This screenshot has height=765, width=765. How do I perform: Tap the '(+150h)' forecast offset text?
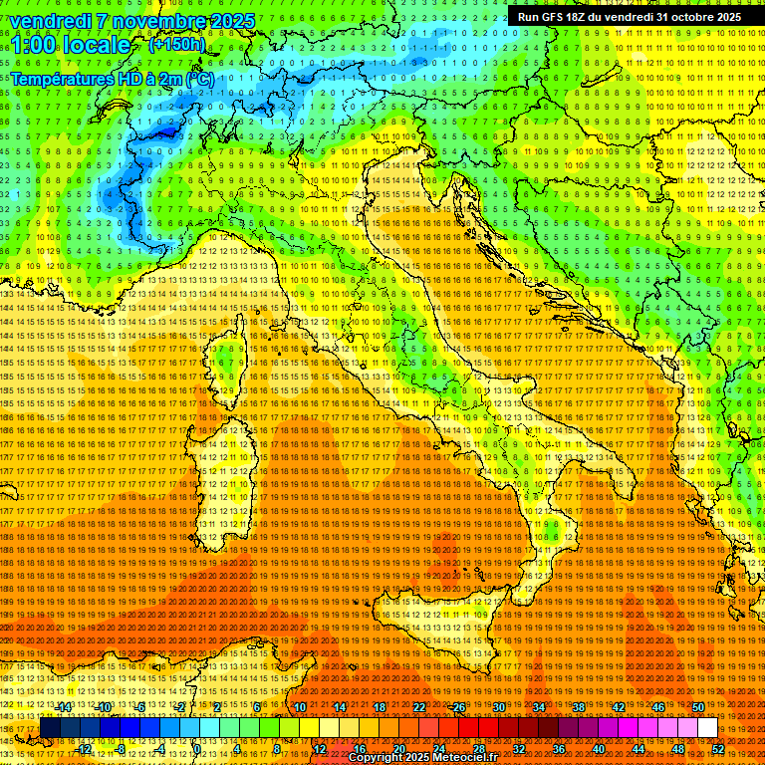tap(177, 44)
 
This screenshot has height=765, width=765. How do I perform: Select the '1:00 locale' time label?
tap(71, 45)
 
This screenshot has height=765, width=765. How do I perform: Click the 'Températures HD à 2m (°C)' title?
tap(112, 79)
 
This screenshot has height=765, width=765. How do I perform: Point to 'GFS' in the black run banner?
tap(559, 17)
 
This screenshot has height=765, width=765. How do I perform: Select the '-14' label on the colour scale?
tap(64, 707)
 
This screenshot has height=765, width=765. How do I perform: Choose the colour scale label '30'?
tap(499, 707)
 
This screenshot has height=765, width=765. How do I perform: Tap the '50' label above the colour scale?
tap(698, 707)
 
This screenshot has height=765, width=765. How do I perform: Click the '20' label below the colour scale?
tap(399, 748)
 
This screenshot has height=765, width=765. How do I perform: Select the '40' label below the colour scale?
tap(599, 748)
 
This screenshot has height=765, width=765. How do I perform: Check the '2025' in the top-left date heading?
tap(232, 21)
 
